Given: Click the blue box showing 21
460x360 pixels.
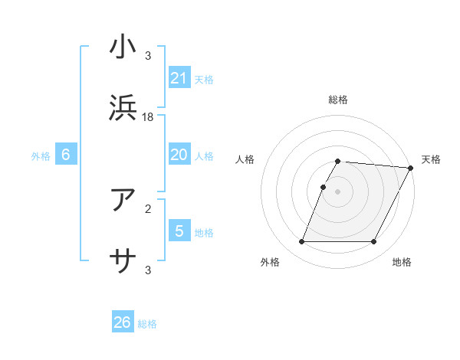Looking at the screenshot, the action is pyautogui.click(x=179, y=78).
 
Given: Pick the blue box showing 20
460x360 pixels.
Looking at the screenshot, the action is pyautogui.click(x=179, y=155).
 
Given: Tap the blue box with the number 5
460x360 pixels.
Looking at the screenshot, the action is pyautogui.click(x=179, y=231).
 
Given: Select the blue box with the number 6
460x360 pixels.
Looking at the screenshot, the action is pyautogui.click(x=66, y=155).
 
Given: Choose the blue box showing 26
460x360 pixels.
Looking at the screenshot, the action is pyautogui.click(x=123, y=322).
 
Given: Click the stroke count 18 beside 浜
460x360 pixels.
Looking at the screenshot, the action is pyautogui.click(x=149, y=116).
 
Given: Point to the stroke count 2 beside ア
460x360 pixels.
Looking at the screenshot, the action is pyautogui.click(x=149, y=207).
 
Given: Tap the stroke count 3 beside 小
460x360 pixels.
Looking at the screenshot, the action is pyautogui.click(x=149, y=55).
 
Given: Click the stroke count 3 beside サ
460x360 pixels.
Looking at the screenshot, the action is pyautogui.click(x=149, y=270).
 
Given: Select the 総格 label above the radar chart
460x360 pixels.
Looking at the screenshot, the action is pyautogui.click(x=338, y=100).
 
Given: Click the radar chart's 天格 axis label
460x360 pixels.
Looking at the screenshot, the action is pyautogui.click(x=431, y=159).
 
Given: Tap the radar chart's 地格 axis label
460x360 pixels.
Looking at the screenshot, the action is pyautogui.click(x=402, y=263).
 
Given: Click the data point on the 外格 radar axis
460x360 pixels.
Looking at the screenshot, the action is pyautogui.click(x=301, y=242).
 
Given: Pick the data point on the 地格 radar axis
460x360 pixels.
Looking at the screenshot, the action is pyautogui.click(x=374, y=242).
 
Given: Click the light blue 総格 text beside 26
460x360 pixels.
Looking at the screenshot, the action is pyautogui.click(x=147, y=324).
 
